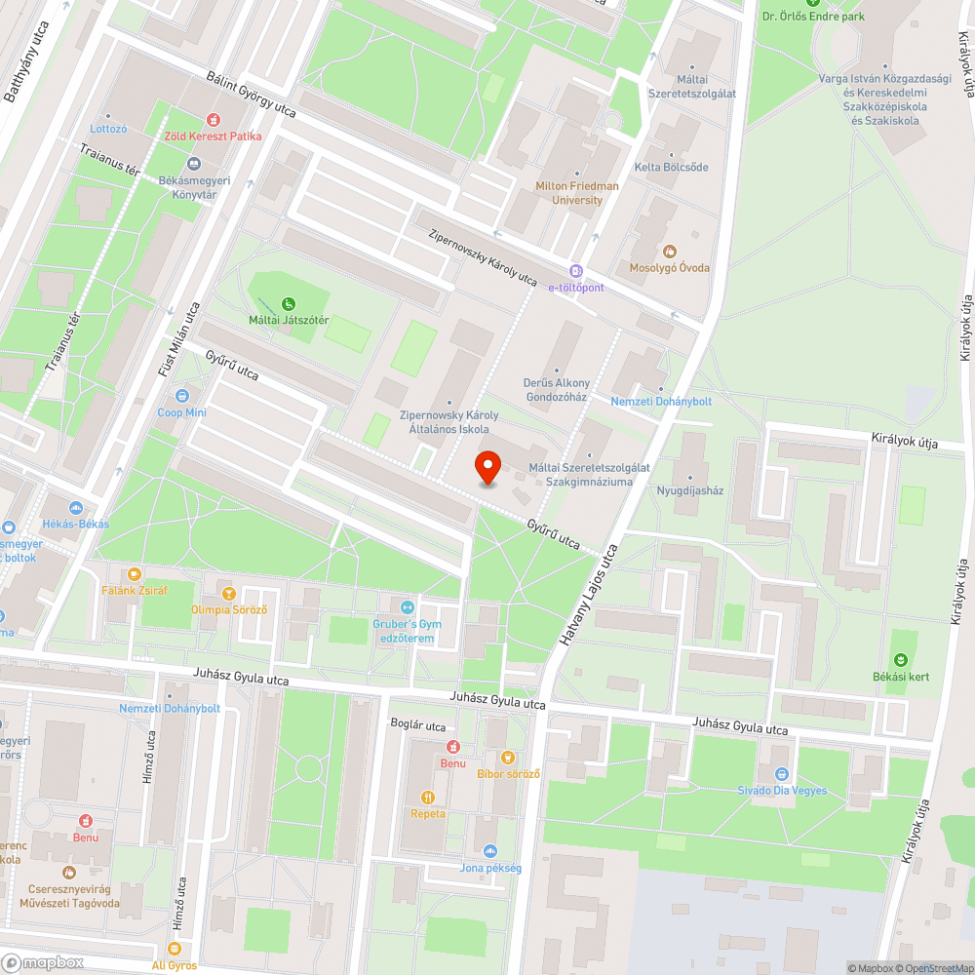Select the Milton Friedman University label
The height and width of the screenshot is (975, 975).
click(577, 193)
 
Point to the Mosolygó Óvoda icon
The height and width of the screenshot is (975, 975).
click(669, 252)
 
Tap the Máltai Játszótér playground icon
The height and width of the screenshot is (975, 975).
click(289, 304)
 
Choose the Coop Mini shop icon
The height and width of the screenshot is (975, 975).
click(182, 396)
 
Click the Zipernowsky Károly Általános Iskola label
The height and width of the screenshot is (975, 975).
click(449, 421)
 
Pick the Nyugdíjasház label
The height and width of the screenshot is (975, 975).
click(690, 490)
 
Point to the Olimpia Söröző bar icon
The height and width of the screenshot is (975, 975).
click(229, 593)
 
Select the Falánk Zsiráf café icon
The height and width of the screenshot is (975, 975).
click(135, 574)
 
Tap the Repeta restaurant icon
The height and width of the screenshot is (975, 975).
click(427, 797)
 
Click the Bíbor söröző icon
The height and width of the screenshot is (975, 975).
click(507, 758)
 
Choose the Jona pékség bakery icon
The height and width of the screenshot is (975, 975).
click(490, 851)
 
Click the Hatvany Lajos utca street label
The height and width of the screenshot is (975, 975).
click(589, 597)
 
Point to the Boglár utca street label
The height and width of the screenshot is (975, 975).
click(417, 726)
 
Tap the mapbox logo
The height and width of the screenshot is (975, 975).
click(43, 962)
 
